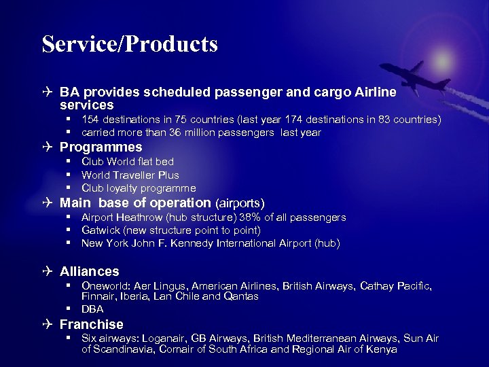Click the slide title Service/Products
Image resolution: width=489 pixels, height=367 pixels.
[x=130, y=44]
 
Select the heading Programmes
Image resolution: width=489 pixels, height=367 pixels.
[x=101, y=147]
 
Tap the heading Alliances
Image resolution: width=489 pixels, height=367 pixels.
[x=89, y=271]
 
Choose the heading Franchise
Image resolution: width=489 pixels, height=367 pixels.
[x=91, y=324]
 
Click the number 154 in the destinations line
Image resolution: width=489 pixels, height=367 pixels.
[x=90, y=120]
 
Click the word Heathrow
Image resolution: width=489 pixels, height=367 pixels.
[x=139, y=217]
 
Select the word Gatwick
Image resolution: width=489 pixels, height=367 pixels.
[x=101, y=230]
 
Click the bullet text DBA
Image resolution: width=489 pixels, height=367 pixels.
[x=92, y=309]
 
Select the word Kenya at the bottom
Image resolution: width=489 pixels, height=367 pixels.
[x=382, y=350]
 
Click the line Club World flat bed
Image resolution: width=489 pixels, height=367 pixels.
[x=128, y=162]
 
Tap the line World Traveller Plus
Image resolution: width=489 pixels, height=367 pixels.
[x=130, y=175]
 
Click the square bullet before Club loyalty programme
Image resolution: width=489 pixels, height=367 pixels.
[x=69, y=188]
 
